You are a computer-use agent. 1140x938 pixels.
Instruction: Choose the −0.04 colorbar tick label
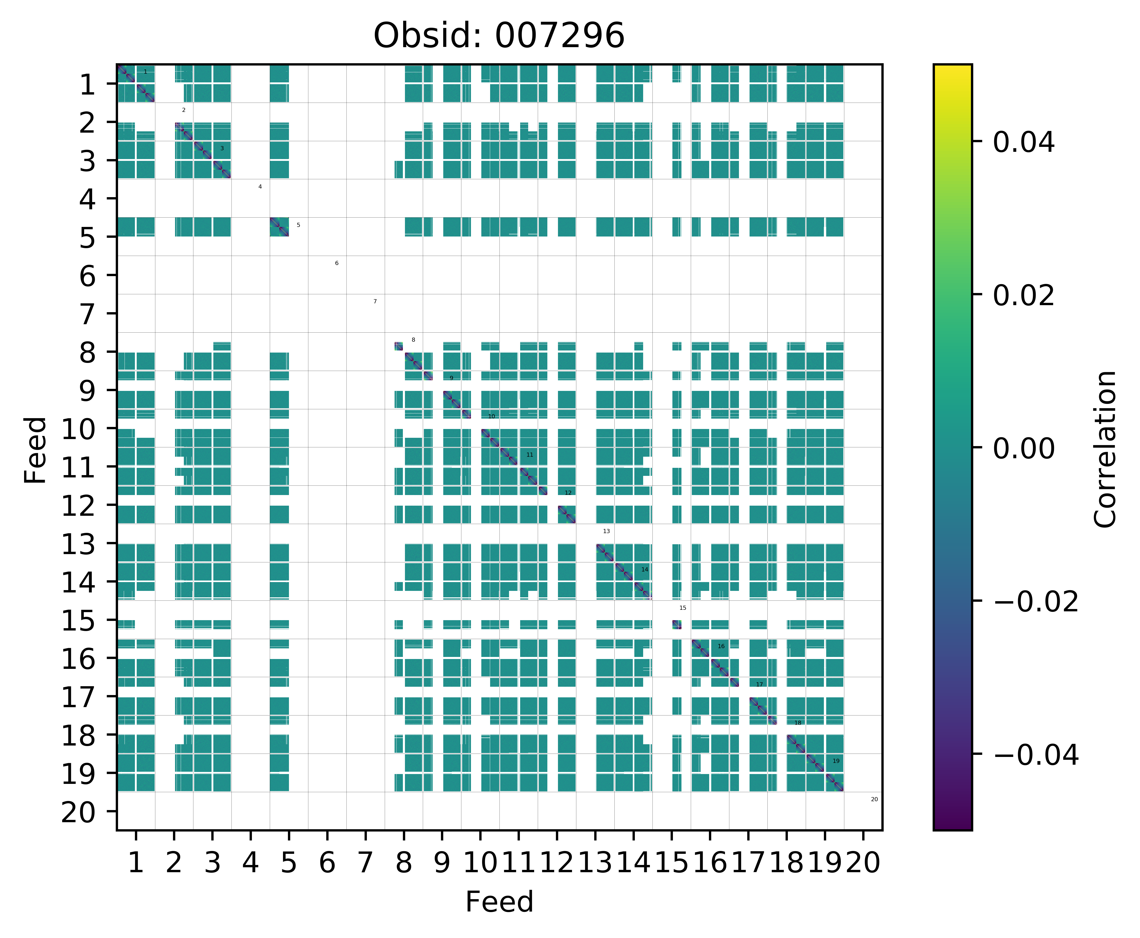pos(1036,755)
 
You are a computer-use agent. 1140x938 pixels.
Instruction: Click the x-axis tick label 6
pos(327,863)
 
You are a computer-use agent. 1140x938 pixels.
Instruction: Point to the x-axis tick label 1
pos(136,863)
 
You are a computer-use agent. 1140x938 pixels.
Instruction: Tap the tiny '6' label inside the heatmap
pos(336,263)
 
